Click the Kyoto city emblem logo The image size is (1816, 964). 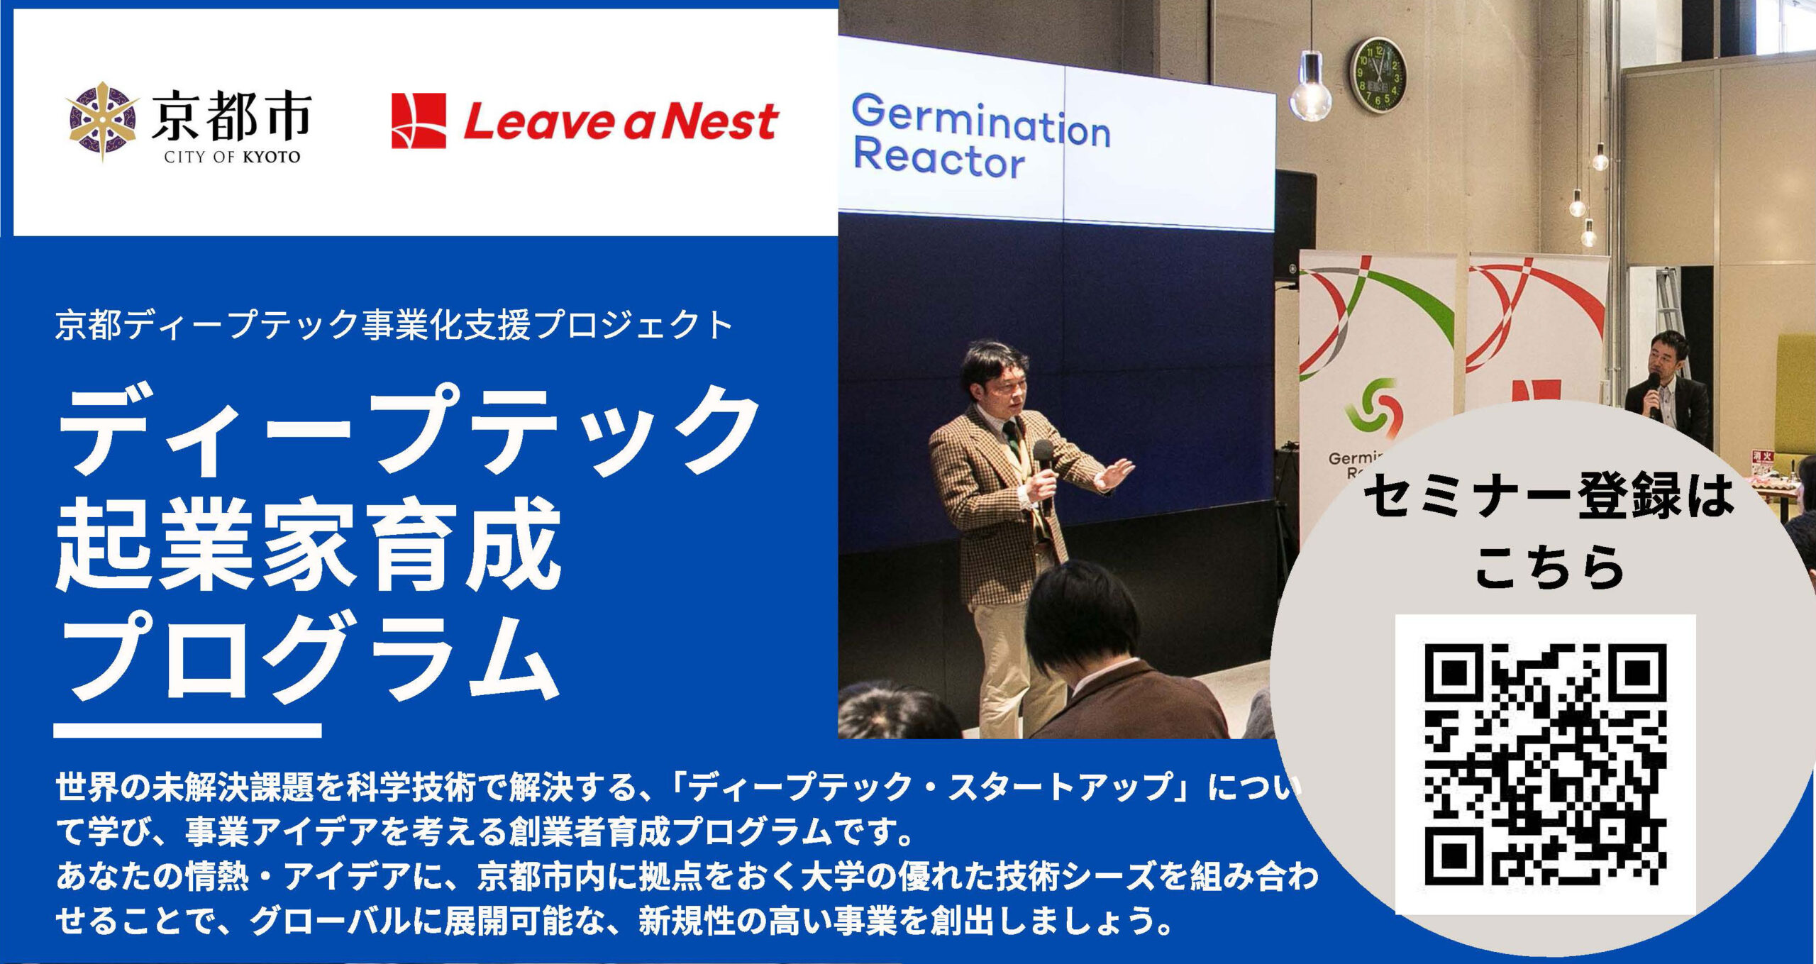click(x=103, y=121)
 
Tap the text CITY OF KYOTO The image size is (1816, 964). click(x=232, y=157)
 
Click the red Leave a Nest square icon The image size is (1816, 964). click(x=419, y=121)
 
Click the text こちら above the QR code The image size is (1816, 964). click(x=1549, y=568)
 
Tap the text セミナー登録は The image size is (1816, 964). click(x=1549, y=496)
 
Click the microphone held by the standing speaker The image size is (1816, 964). click(x=1043, y=468)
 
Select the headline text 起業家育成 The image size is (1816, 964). click(x=308, y=544)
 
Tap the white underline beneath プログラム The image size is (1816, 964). click(x=187, y=731)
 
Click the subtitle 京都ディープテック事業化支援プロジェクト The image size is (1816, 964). click(x=394, y=325)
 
